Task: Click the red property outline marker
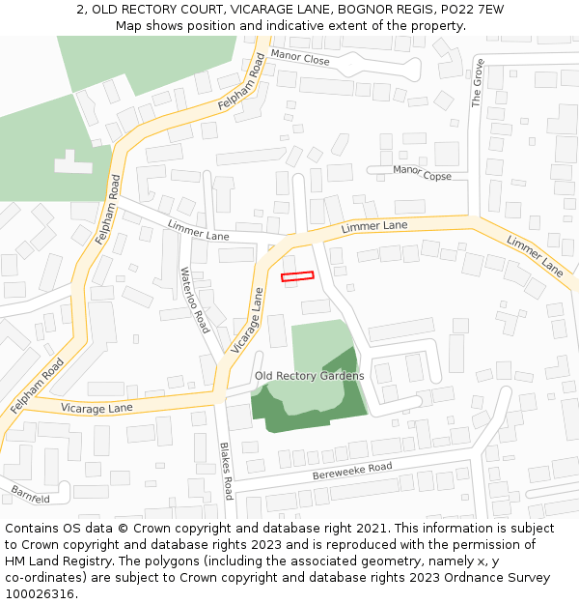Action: [297, 276]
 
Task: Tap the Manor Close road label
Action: [300, 59]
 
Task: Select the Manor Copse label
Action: [422, 173]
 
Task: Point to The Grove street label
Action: [478, 87]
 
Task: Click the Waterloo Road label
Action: [194, 301]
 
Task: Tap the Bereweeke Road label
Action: [352, 472]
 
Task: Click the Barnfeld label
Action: [31, 496]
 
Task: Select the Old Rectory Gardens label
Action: [310, 375]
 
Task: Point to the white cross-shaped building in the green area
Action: [73, 162]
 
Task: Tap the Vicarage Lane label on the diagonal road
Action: [247, 322]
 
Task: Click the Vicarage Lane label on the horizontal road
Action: [96, 409]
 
